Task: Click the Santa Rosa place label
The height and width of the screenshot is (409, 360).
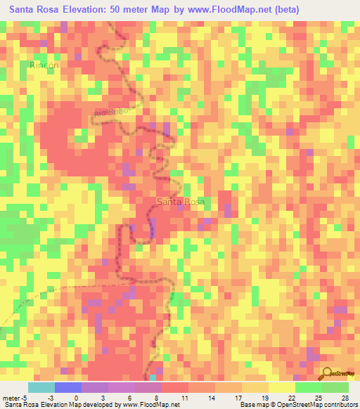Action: pos(181,202)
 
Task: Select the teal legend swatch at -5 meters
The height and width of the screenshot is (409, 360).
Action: pos(41,387)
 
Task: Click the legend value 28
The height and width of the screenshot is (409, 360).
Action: pos(345,397)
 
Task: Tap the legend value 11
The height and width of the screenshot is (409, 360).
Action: pos(184,397)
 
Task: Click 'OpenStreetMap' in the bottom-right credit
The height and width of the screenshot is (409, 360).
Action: pos(292,405)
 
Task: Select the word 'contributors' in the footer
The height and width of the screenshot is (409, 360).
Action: pos(337,405)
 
